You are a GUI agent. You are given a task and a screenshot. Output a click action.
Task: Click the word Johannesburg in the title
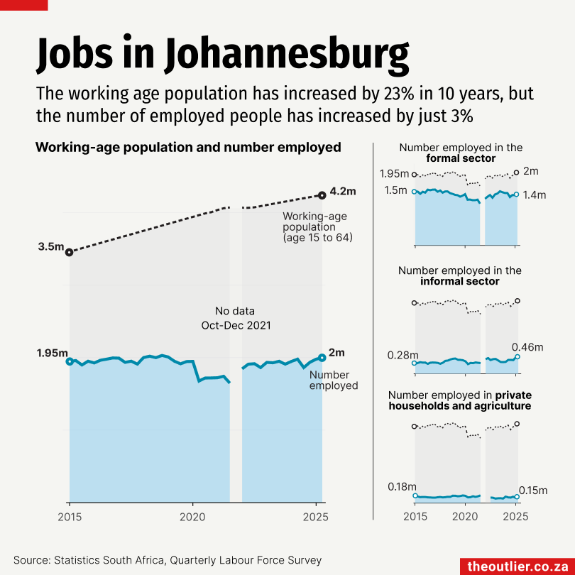tap(288, 55)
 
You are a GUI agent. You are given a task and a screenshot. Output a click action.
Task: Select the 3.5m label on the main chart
tap(51, 247)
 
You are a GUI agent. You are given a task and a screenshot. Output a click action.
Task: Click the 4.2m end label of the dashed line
tap(343, 191)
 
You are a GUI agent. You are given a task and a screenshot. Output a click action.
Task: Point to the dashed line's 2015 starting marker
tap(69, 252)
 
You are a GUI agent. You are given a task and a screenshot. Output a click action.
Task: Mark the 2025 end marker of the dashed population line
tap(322, 195)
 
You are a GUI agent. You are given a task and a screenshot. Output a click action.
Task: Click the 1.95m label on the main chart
tap(52, 354)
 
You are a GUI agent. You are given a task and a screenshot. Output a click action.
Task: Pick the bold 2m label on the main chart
tap(337, 353)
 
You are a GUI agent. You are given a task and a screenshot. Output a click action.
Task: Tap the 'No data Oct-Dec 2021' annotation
tap(236, 318)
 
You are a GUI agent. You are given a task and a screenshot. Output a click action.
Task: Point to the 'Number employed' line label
tap(334, 380)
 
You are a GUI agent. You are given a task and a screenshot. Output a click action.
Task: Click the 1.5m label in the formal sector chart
tap(395, 190)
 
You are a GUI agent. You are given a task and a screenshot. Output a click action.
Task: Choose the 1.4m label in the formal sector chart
tap(535, 195)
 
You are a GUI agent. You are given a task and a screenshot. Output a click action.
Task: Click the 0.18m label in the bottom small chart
tap(402, 486)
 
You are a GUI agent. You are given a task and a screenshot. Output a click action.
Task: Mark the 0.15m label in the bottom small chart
tap(533, 490)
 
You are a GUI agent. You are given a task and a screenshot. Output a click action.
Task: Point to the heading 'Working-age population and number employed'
tap(188, 148)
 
